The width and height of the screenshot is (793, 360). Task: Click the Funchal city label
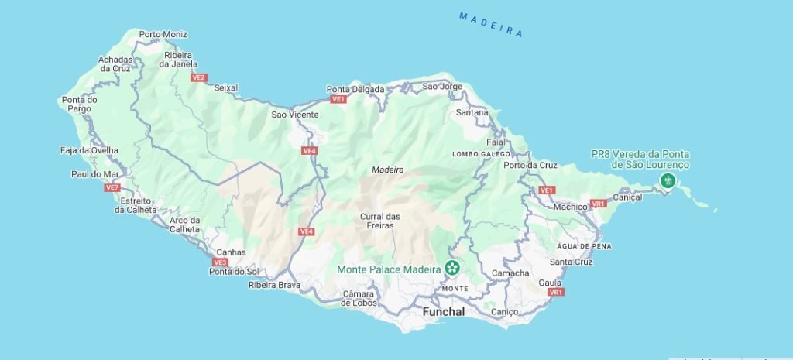pos(444,312)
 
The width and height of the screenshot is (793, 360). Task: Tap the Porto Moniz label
pos(163,34)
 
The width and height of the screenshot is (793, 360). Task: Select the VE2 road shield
pos(199,77)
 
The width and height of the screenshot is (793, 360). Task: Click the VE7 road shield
pos(112,187)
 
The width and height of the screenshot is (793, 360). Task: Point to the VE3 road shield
pos(220,262)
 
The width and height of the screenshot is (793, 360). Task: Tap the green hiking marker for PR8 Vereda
pos(668,181)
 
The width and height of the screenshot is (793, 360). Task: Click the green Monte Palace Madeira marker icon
pos(451,269)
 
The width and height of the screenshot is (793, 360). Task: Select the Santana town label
pos(472,113)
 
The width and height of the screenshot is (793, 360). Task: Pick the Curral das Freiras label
pos(380,221)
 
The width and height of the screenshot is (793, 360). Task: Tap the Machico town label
pos(572,207)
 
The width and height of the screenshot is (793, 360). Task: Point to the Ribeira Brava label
pos(274,285)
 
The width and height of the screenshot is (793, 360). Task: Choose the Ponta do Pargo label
pos(80,104)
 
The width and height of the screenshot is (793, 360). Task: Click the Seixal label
pos(225,87)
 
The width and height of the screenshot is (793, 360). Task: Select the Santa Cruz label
pos(572,262)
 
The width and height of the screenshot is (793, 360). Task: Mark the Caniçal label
pos(627,197)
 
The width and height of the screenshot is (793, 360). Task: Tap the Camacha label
pos(511,273)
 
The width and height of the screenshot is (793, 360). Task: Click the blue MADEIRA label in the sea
pos(491,24)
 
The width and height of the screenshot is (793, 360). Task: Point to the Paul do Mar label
pos(94,174)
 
